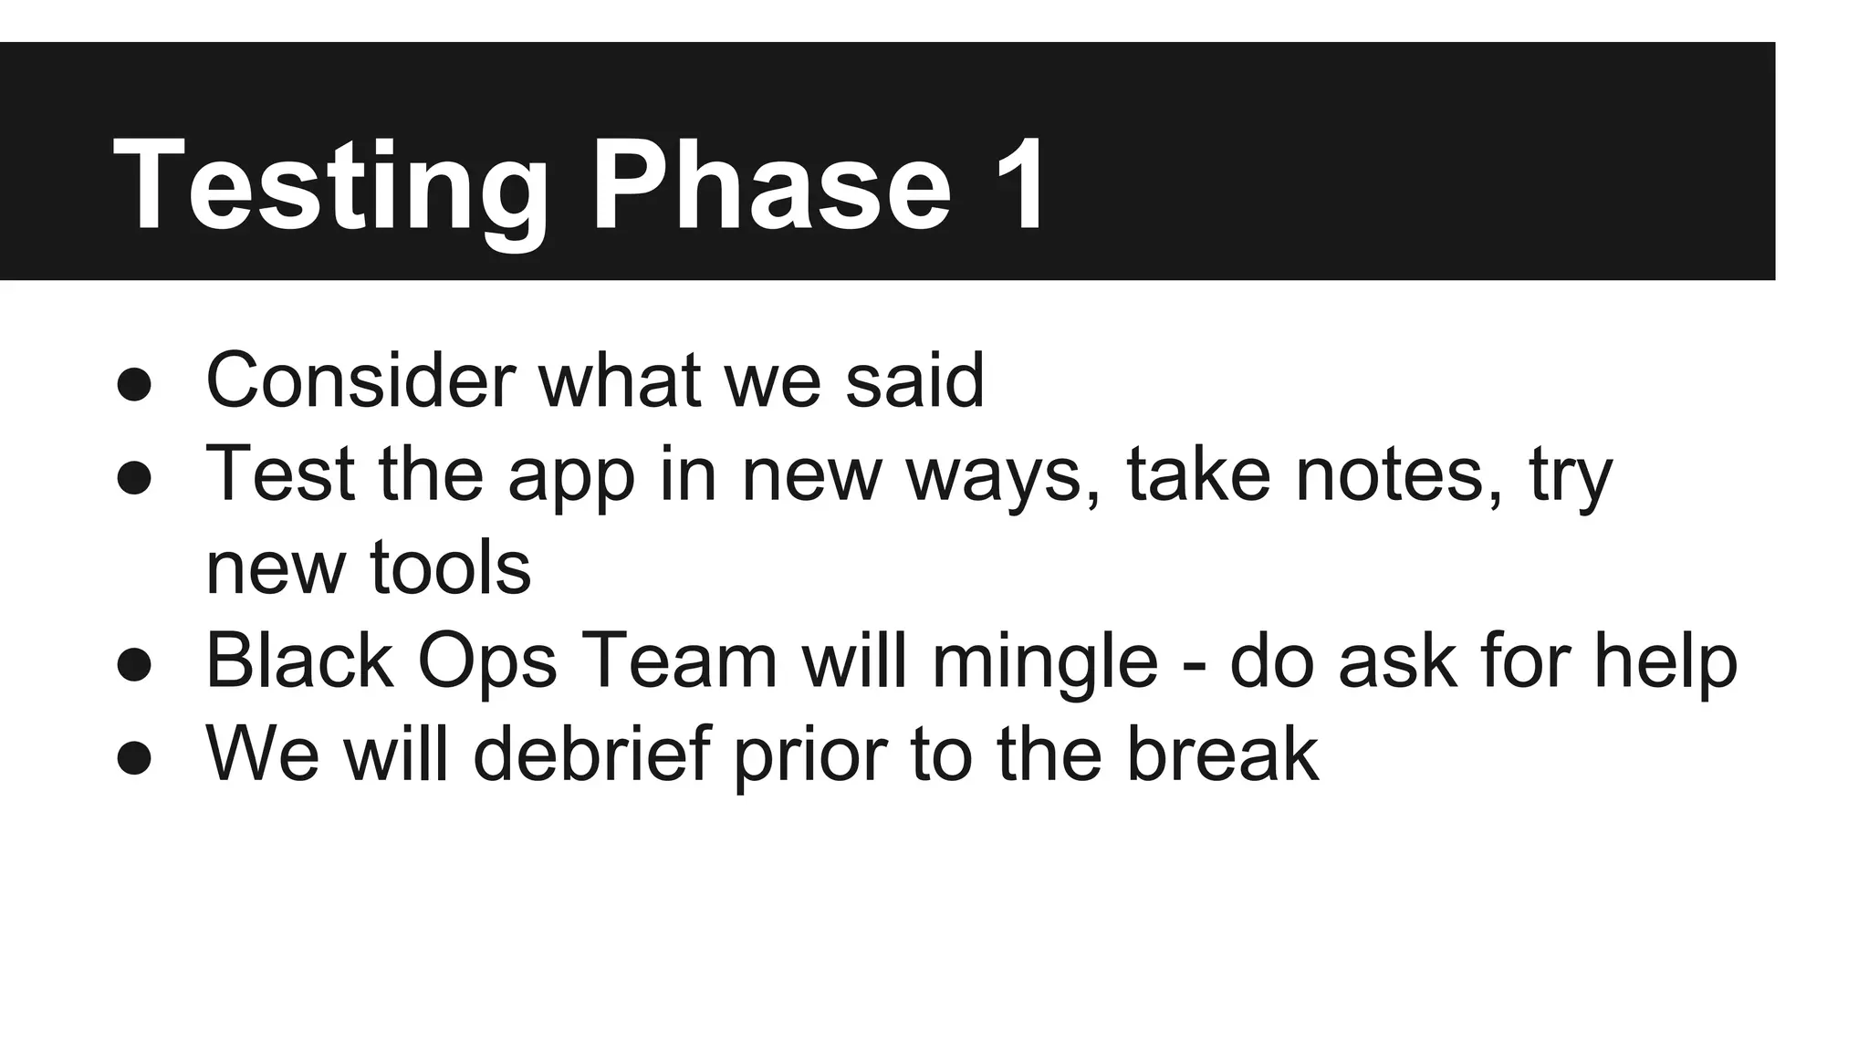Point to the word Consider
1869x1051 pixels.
click(360, 380)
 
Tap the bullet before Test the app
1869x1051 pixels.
click(134, 477)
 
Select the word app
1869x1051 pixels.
click(570, 477)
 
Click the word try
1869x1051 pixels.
click(1571, 477)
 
